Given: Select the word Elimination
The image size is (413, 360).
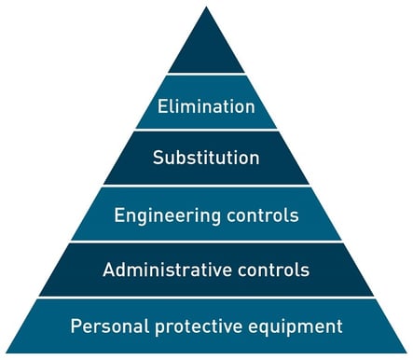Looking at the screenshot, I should click(206, 106).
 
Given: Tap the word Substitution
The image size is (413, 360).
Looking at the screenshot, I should click(206, 158).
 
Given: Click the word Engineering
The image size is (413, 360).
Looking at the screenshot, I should click(162, 215).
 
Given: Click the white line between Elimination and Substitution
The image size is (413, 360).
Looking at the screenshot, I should click(206, 130).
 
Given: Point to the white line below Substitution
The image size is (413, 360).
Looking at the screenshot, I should click(206, 186).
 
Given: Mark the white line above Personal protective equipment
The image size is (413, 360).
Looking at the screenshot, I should click(206, 298).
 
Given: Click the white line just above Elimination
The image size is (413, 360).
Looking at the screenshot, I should click(206, 75).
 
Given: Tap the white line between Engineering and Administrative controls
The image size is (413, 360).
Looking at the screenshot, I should click(206, 242).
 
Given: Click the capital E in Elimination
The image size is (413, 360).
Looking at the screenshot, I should click(161, 106).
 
